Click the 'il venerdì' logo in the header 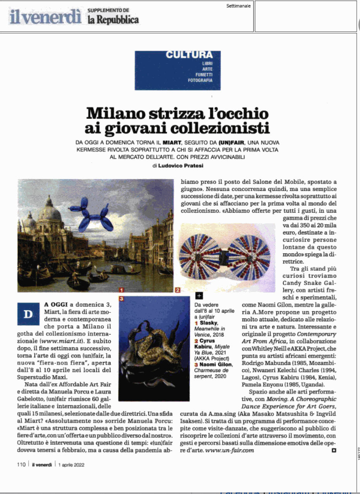pyautogui.click(x=46, y=17)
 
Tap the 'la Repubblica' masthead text pyautogui.click(x=113, y=20)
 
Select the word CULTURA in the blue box pyautogui.click(x=189, y=55)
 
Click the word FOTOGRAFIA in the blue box pyautogui.click(x=200, y=80)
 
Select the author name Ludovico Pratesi pyautogui.click(x=180, y=166)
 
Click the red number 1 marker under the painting pyautogui.click(x=122, y=289)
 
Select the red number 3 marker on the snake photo pyautogui.click(x=122, y=299)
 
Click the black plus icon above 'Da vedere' pyautogui.click(x=199, y=296)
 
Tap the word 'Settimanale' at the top pyautogui.click(x=238, y=6)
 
